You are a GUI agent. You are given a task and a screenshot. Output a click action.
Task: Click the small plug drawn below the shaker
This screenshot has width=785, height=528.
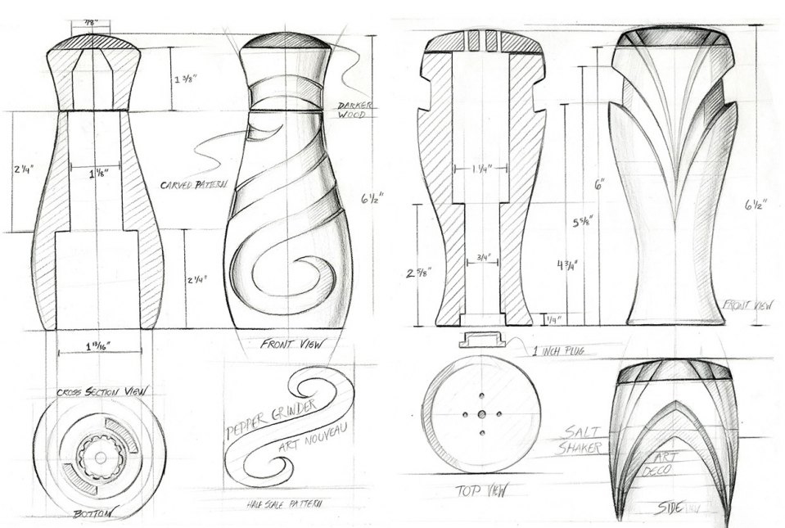(x=480, y=339)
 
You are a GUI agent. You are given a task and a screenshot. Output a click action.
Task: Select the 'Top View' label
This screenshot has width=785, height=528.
(x=479, y=491)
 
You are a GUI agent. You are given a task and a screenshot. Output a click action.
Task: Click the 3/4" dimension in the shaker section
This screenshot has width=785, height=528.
(x=480, y=261)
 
